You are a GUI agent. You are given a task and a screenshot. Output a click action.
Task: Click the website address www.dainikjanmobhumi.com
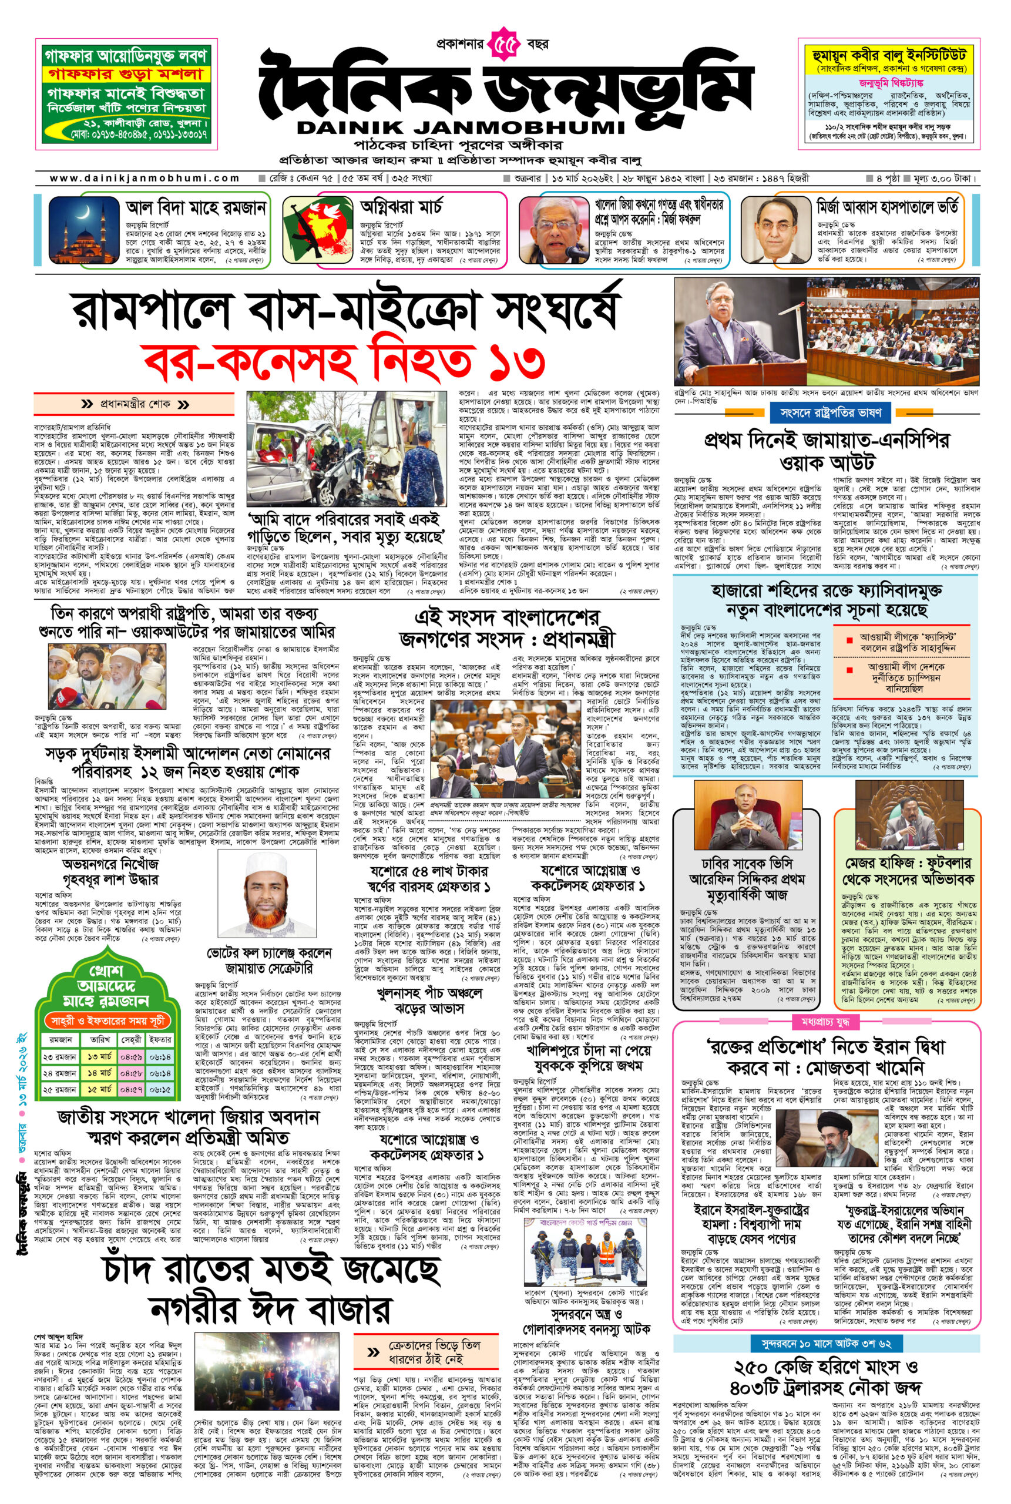coord(145,178)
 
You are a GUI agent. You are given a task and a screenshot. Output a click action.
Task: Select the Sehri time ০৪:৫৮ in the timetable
coord(132,1073)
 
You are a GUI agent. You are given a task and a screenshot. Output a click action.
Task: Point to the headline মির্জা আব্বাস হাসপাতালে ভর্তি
coord(886,207)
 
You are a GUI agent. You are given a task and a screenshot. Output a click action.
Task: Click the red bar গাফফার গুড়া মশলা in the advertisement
coord(125,74)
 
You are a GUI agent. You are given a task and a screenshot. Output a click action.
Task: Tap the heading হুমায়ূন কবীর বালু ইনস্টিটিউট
coord(889,55)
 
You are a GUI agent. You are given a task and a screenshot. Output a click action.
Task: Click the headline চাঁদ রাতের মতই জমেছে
coord(271,1271)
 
